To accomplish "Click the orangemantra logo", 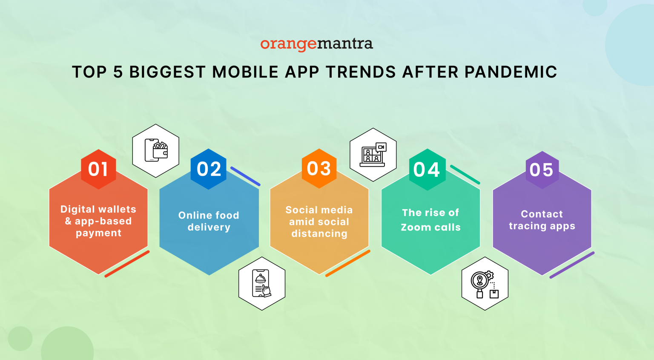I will [316, 44].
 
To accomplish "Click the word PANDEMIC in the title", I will [511, 72].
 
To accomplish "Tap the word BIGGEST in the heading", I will [167, 72].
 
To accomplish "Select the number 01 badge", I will [98, 169].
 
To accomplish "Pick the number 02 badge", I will [209, 169].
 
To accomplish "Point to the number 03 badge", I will [319, 169].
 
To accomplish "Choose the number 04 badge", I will [427, 170].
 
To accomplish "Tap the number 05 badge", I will [542, 170].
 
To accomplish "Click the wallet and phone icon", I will [156, 150].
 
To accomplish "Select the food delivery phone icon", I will [262, 283].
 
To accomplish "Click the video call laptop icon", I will [373, 155].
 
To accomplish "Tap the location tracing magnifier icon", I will [485, 284].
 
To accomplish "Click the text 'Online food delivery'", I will [209, 221].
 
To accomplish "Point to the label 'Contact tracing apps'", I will [542, 220].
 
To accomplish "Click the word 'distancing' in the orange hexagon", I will [319, 234].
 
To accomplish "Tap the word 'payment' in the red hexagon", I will [98, 233].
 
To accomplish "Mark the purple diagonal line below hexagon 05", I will [572, 265].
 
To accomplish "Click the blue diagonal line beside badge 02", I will [245, 176].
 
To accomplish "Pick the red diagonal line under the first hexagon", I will [127, 264].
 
